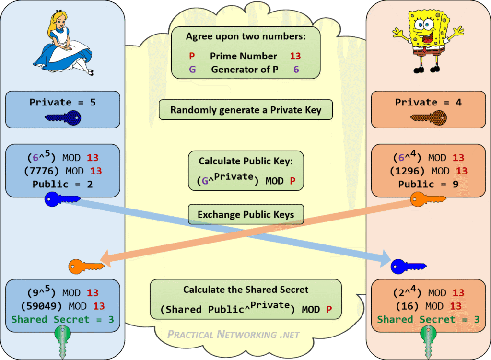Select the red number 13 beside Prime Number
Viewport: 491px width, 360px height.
pos(295,56)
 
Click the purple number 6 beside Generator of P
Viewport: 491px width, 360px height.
pos(296,69)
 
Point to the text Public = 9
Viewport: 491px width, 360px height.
pos(429,184)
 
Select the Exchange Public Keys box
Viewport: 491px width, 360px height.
pos(246,215)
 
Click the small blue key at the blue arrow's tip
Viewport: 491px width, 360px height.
pos(408,266)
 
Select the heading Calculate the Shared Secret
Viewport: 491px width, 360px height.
pos(246,290)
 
